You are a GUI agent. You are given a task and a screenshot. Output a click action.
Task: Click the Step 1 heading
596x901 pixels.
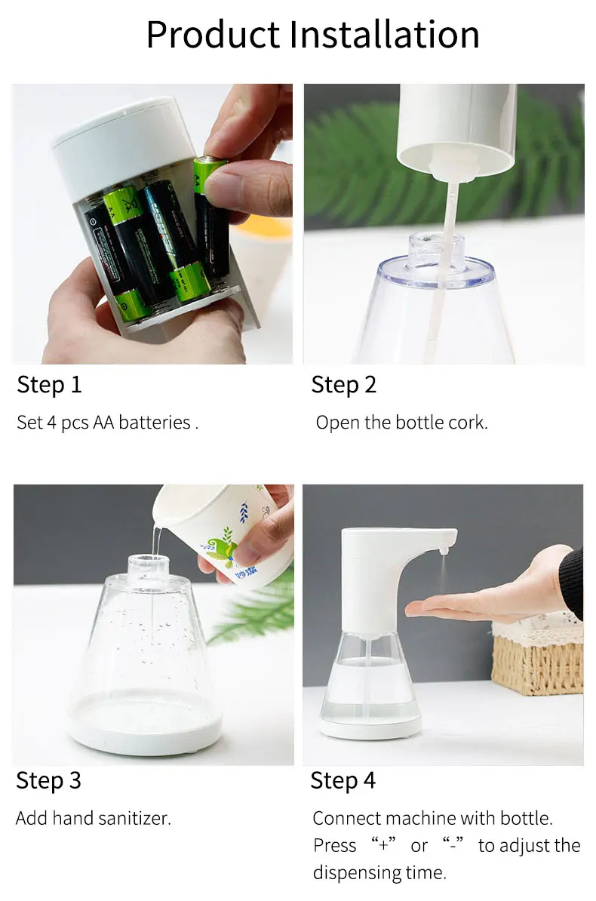49,385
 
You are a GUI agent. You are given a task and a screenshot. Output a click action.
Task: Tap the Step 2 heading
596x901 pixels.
343,385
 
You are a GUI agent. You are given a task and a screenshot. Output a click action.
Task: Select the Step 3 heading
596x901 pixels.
48,780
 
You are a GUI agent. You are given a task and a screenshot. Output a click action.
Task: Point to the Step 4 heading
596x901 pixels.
343,780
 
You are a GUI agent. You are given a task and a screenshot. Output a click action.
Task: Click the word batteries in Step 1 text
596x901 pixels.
154,423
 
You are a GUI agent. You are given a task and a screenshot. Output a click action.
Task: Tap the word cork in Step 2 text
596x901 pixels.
469,423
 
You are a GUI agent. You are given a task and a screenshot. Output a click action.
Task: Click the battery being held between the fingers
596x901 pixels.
210,219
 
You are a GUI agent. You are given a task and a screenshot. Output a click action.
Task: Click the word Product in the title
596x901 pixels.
212,35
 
